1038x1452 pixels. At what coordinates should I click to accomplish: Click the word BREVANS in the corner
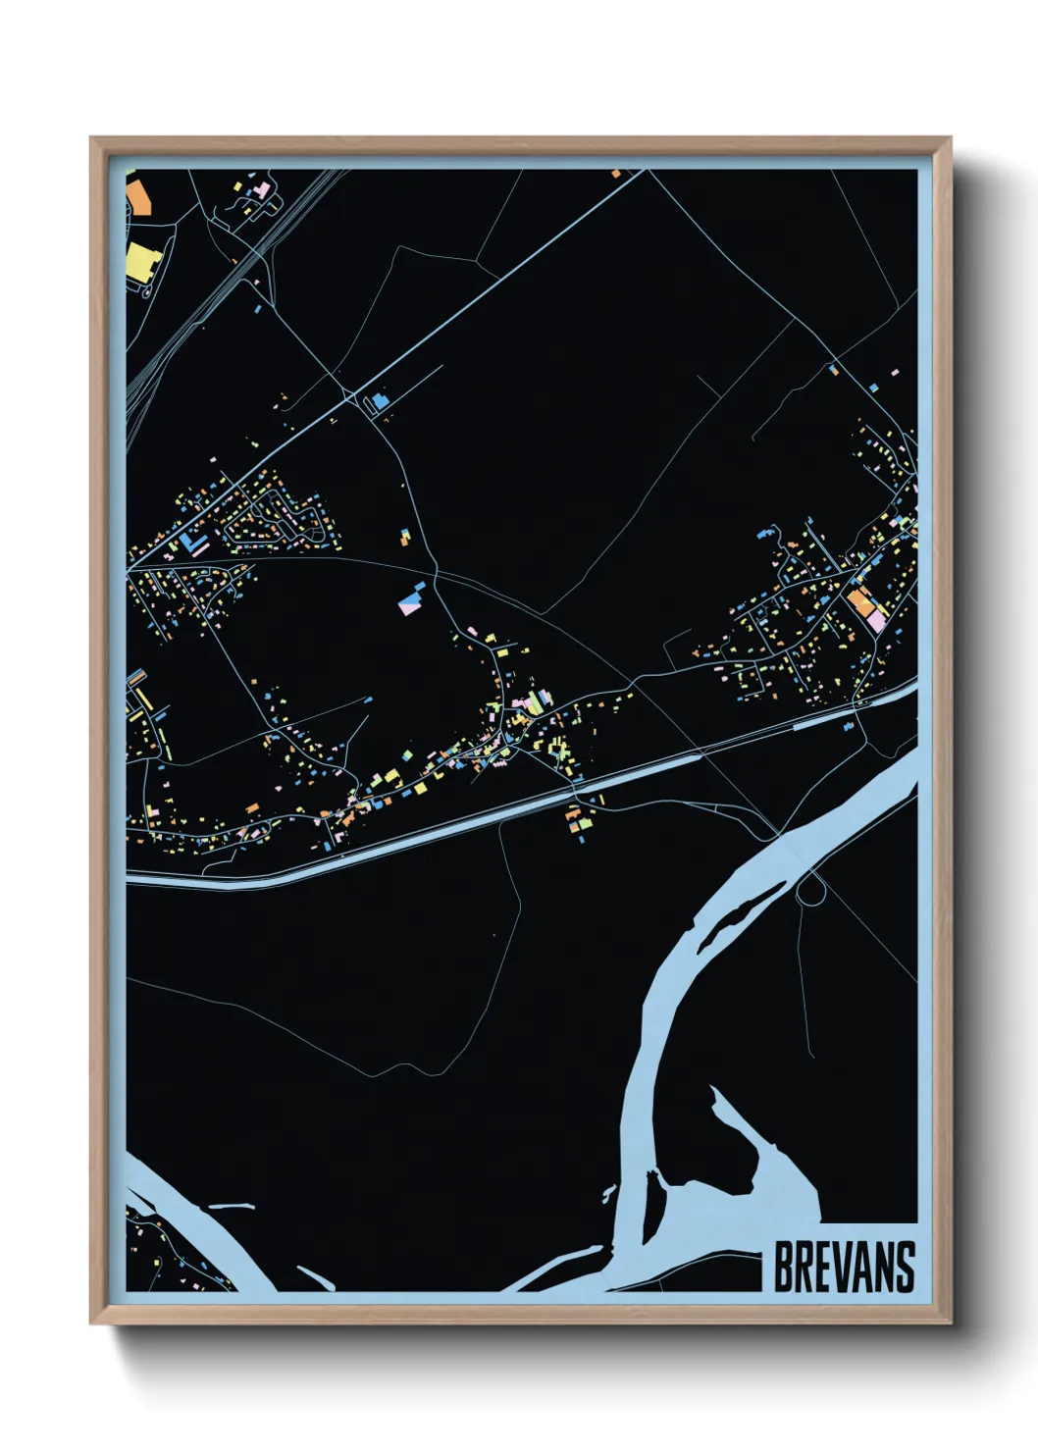click(844, 1267)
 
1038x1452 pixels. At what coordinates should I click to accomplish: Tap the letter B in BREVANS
click(784, 1267)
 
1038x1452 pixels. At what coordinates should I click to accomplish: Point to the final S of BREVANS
click(905, 1267)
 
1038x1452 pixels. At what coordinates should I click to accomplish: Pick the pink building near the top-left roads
click(262, 188)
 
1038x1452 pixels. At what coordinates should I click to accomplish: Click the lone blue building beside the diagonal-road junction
click(379, 400)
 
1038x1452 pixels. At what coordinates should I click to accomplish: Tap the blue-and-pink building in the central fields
click(410, 599)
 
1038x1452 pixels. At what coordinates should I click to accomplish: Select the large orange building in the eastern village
click(860, 601)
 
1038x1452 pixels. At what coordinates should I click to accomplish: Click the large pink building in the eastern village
click(876, 620)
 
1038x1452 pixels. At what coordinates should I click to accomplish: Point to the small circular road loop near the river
click(810, 891)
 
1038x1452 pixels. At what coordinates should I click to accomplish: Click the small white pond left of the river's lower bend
click(609, 1193)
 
